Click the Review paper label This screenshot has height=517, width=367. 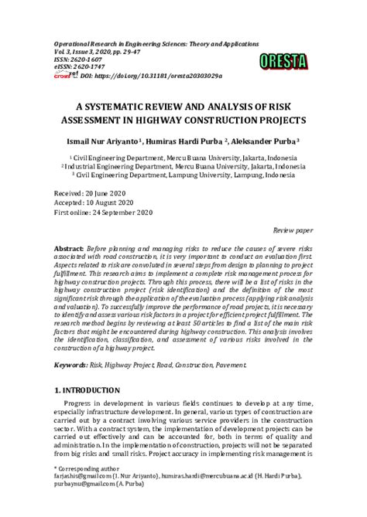point(293,230)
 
